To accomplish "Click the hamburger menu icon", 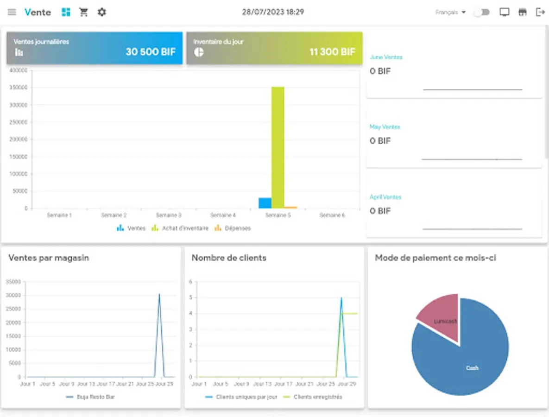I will pos(12,12).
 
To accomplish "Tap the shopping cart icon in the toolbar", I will pos(84,12).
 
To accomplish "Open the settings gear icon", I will pos(102,12).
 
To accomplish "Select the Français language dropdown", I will pos(450,13).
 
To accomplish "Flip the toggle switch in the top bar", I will pos(481,13).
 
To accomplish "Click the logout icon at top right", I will pos(540,12).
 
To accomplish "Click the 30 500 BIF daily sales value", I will pos(151,52).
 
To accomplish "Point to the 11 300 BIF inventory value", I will pos(332,52).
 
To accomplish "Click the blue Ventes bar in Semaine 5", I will pos(265,203).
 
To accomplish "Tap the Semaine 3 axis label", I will pos(169,215).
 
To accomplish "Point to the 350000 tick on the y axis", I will pos(18,88).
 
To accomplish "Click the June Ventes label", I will pos(386,57).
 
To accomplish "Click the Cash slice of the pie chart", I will pos(468,361).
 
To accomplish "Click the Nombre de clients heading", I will pos(229,258).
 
